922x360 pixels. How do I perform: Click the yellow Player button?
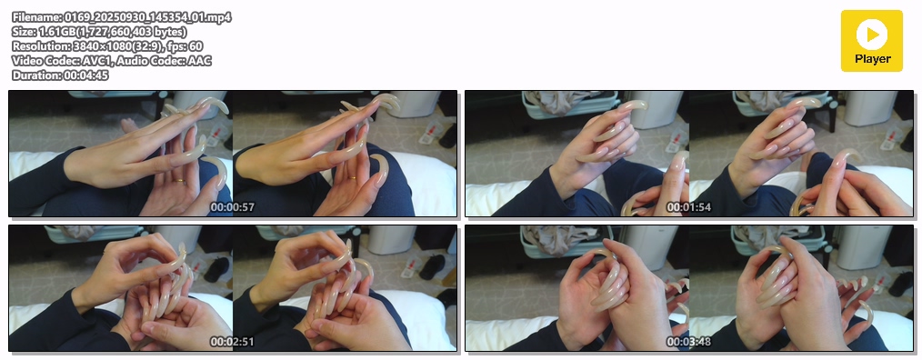(871, 41)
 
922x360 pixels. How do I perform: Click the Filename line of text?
(122, 17)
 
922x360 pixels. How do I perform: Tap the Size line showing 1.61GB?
(99, 32)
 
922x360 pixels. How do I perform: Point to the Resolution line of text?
(107, 45)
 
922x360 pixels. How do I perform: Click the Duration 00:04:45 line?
(60, 75)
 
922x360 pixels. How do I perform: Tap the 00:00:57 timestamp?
(232, 207)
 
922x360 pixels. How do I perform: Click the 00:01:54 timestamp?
(688, 207)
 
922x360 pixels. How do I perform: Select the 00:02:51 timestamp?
(232, 342)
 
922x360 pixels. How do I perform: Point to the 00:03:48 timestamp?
(688, 342)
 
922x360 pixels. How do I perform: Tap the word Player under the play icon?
(872, 59)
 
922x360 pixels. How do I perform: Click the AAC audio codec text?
(199, 61)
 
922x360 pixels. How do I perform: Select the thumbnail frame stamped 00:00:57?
(233, 154)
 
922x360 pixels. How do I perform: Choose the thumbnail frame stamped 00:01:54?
(689, 154)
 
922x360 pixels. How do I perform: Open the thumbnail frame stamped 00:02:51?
(233, 288)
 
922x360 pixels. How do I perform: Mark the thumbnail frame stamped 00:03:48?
(689, 288)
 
